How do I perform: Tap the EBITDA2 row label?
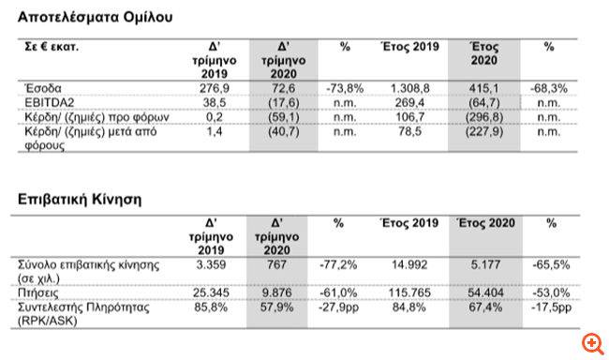point(44,100)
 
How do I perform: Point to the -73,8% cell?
point(343,86)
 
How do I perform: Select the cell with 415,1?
point(480,86)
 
